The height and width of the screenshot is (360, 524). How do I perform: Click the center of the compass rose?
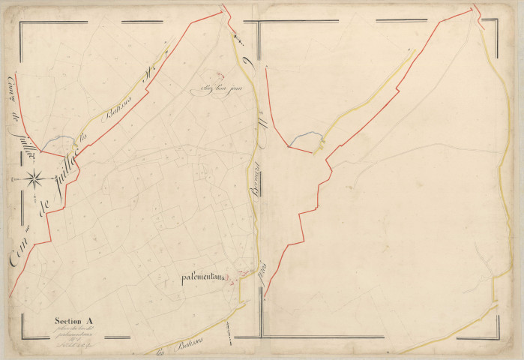coord(34,178)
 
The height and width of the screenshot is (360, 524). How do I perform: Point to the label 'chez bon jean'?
coord(225,92)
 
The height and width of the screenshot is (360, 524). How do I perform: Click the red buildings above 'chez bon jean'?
coord(220,75)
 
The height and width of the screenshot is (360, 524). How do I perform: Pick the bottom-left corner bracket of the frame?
coord(26,333)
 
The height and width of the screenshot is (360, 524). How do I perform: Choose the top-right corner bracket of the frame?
coord(496,28)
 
